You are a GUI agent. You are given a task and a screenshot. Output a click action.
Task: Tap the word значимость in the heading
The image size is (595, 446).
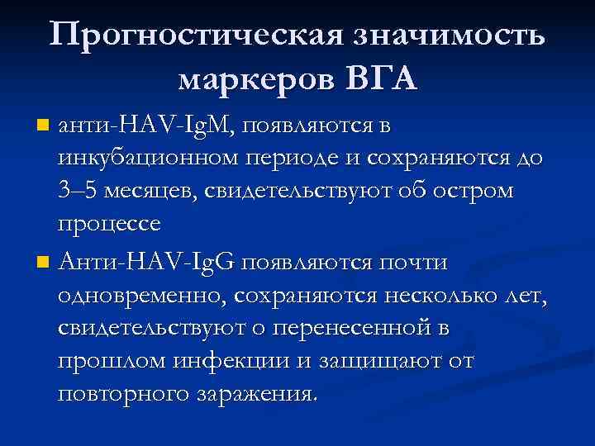pos(450,36)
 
